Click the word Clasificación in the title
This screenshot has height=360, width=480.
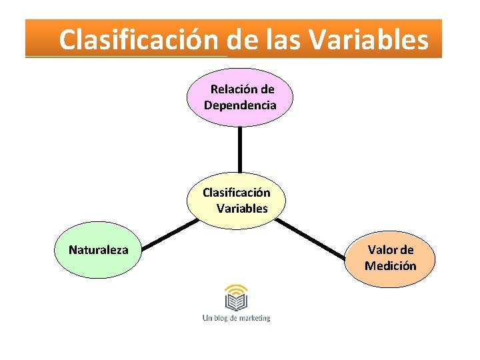tap(138, 40)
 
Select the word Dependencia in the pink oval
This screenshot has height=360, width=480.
tap(240, 105)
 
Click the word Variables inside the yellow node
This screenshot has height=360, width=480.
tap(242, 209)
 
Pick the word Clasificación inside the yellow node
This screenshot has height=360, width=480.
tap(237, 193)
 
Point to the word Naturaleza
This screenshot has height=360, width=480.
tap(99, 250)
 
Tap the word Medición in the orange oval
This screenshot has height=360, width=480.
tap(390, 266)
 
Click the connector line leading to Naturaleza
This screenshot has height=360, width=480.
tap(167, 235)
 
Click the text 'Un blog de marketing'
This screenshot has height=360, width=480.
tap(236, 318)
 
